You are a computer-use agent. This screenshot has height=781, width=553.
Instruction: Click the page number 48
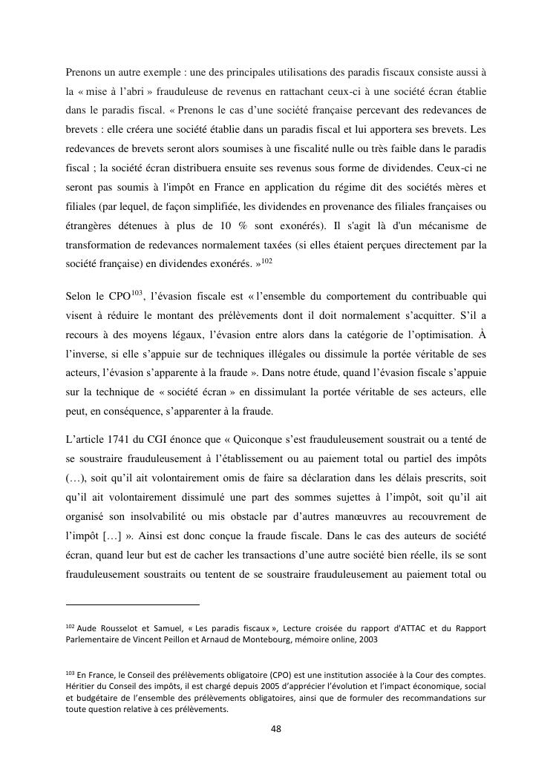point(276,728)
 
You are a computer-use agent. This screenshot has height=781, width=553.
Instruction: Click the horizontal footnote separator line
point(133,604)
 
